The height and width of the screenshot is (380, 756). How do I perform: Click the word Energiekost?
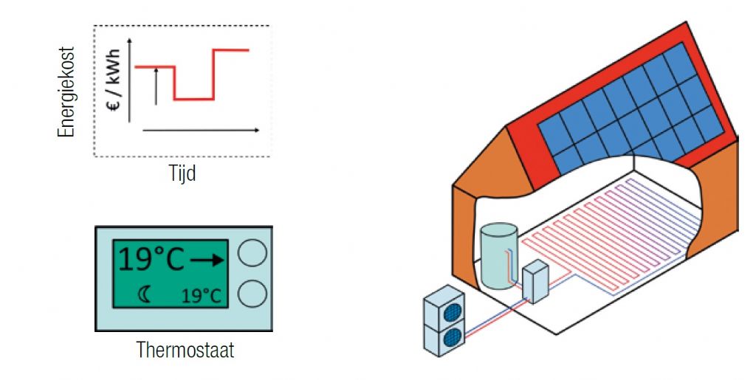point(66,91)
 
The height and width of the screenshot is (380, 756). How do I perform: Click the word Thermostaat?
point(185,350)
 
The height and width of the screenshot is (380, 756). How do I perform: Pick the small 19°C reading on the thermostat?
point(201,296)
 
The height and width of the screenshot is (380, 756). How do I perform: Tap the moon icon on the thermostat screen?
point(144,295)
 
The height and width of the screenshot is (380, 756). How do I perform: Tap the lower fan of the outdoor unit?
point(452,336)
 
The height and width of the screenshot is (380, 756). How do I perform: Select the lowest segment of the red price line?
point(193,98)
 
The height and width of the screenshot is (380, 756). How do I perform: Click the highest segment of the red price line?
point(230,50)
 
